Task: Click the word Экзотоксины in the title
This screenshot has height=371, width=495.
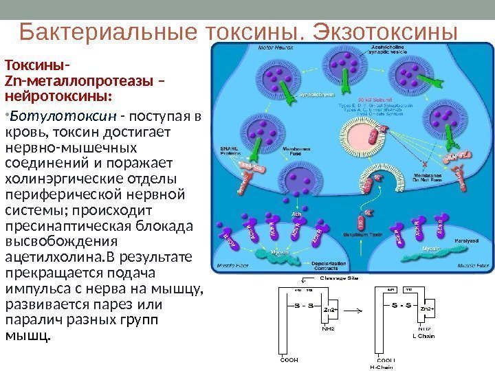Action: (x=384, y=32)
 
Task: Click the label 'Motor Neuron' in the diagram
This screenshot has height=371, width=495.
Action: (x=232, y=49)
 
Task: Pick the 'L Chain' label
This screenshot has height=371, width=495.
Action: (x=424, y=336)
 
